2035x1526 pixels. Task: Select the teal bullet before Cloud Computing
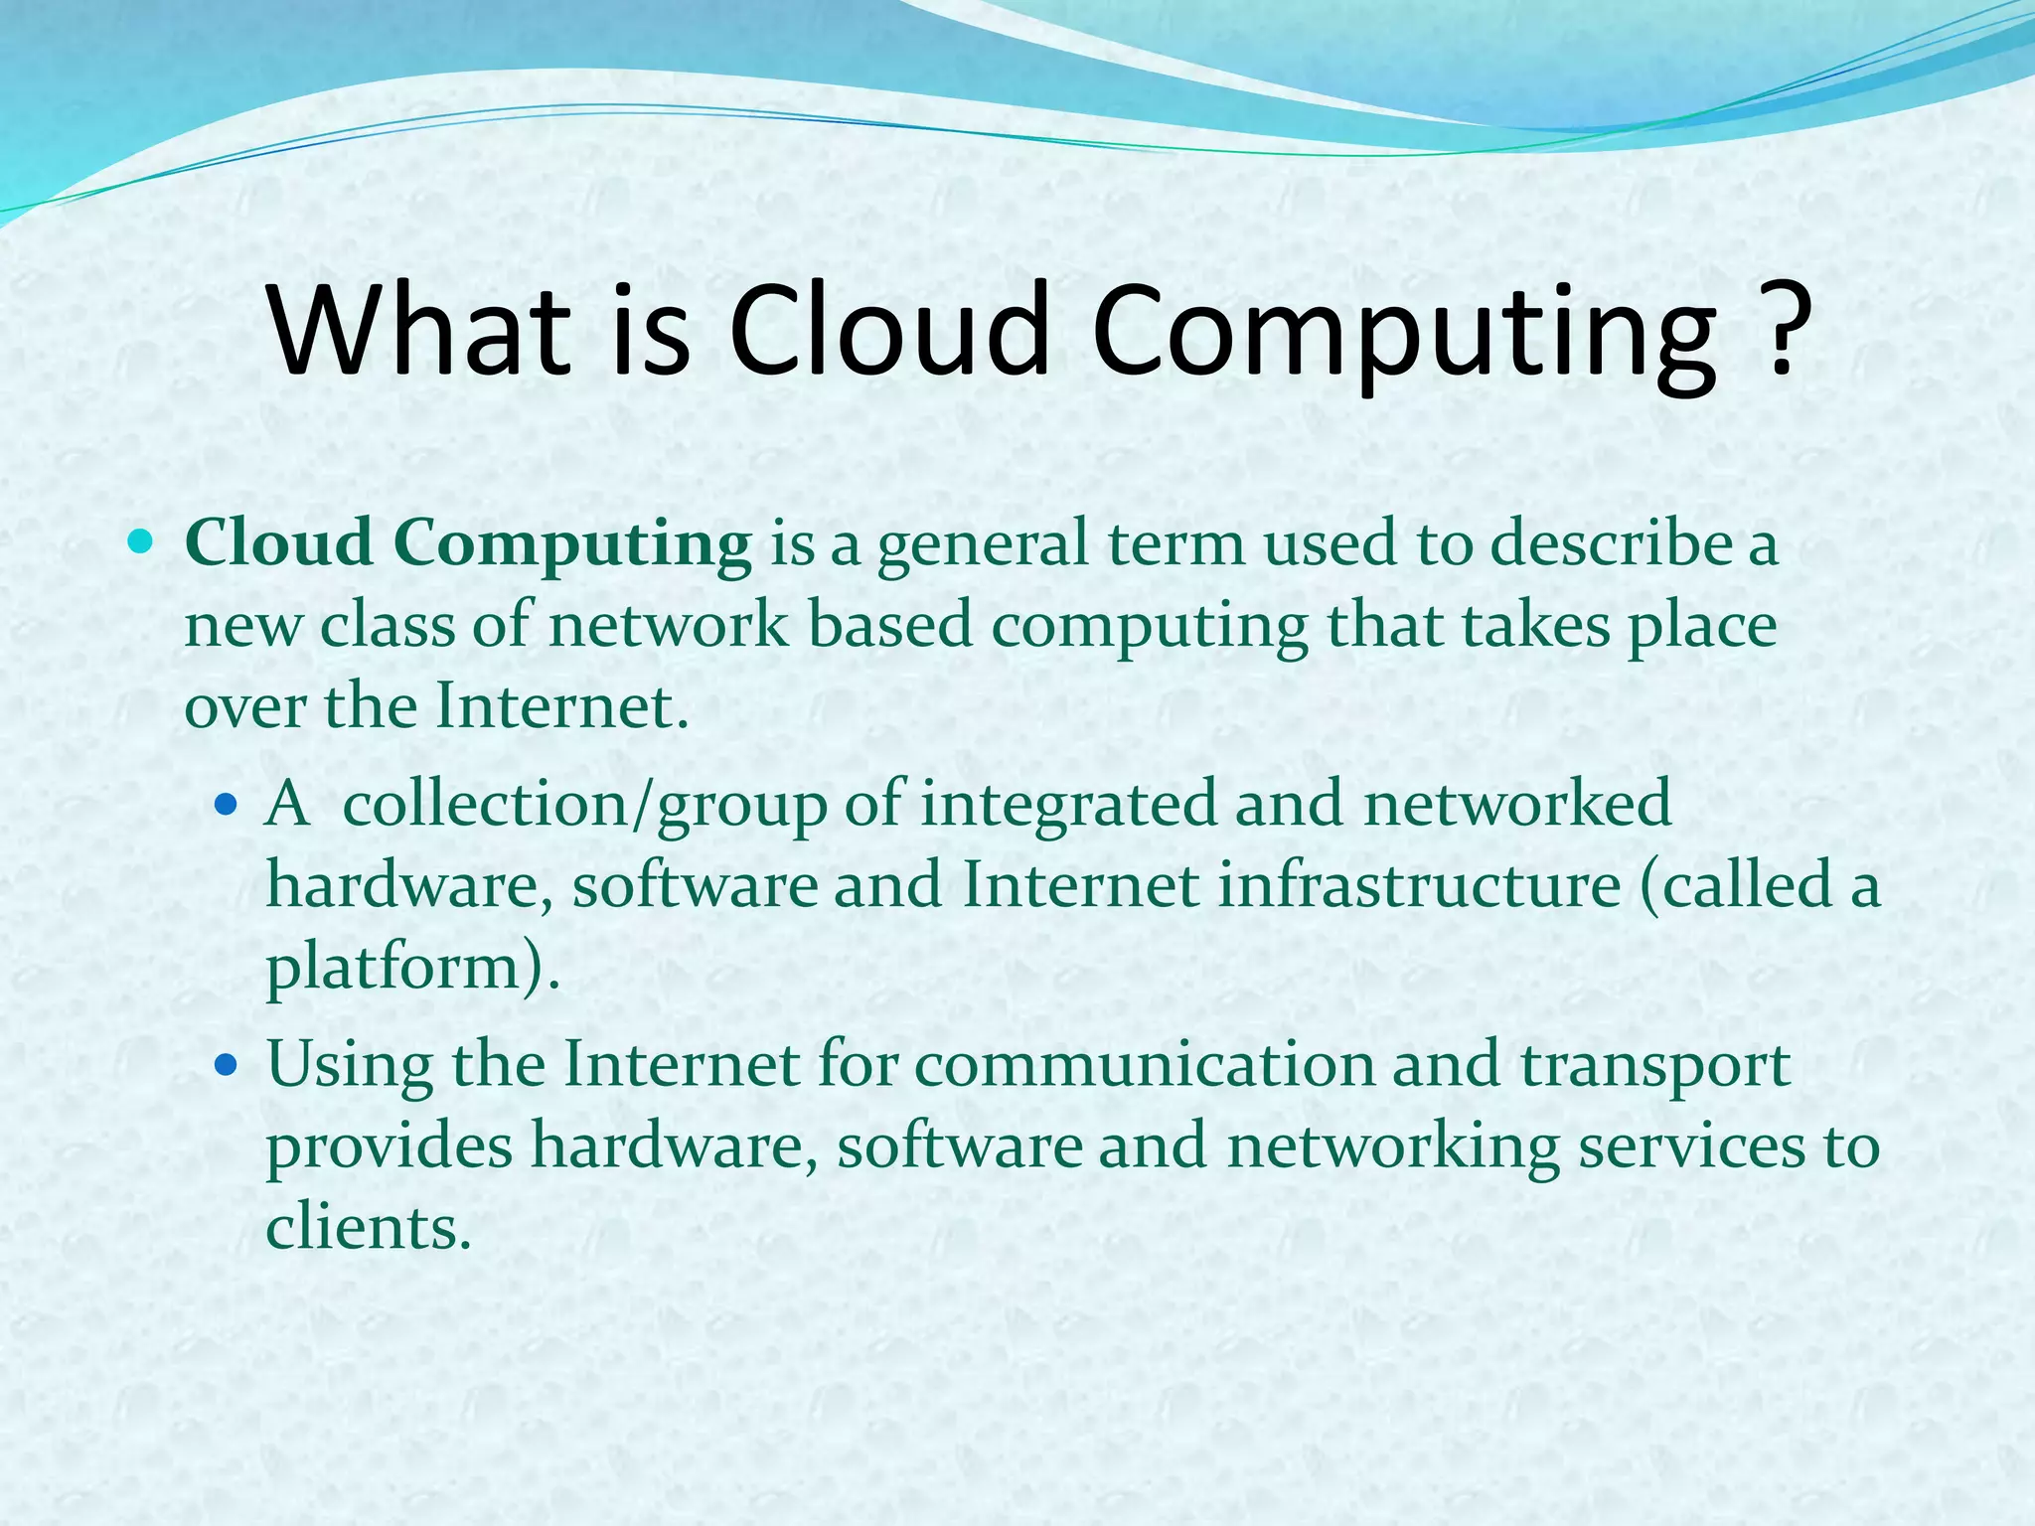coord(140,541)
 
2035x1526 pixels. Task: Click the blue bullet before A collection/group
coord(227,803)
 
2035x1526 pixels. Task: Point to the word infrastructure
coord(1420,885)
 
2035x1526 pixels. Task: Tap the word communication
coord(1143,1065)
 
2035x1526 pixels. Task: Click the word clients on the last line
coord(366,1228)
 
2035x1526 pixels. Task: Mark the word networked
coord(1517,805)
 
